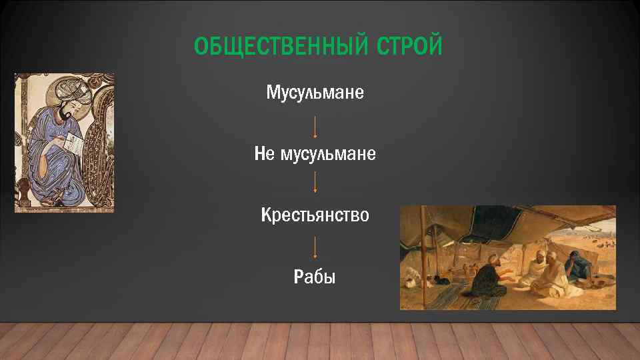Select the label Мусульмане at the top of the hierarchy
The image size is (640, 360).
(315, 93)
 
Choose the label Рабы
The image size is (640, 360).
(315, 277)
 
